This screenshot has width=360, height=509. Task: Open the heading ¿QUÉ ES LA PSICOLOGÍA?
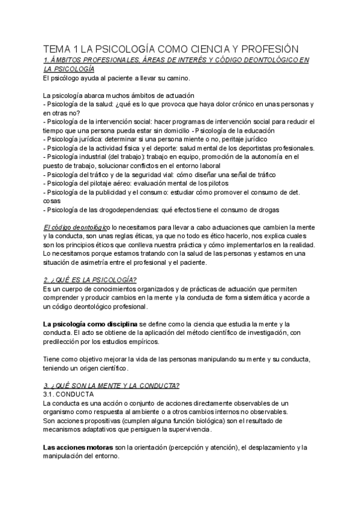(x=91, y=280)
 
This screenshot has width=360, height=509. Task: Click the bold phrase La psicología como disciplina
(x=90, y=324)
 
